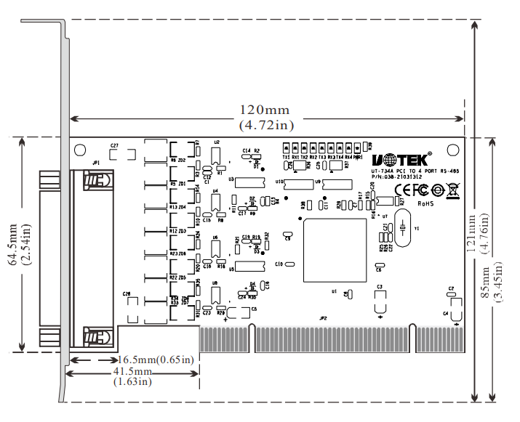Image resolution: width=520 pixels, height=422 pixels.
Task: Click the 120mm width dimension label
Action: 265,110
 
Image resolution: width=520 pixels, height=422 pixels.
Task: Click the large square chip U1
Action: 335,250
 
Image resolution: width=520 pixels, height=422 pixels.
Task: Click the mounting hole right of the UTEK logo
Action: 454,150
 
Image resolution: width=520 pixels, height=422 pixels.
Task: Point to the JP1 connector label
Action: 97,163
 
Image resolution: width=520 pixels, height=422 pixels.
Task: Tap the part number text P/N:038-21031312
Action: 396,176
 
